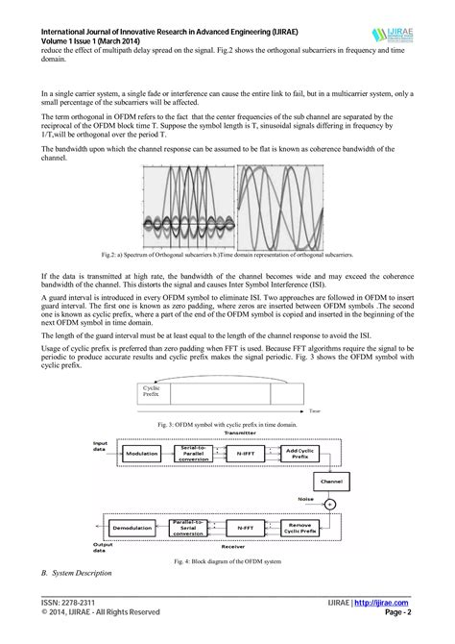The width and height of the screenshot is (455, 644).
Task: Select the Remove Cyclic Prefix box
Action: coord(303,528)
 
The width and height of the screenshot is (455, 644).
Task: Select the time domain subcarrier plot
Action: coord(277,208)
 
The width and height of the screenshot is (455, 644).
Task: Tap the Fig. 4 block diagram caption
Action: coord(227,560)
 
